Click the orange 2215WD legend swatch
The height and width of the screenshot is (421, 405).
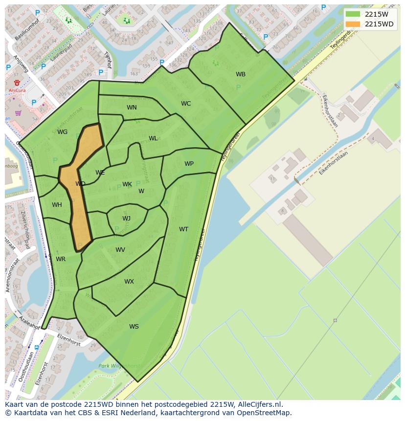coord(352,24)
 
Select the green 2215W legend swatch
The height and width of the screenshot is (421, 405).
coord(352,14)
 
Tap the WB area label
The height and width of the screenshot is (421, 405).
coord(241,74)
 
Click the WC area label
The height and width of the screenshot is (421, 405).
coord(186,104)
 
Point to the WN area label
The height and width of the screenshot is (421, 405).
coord(132,108)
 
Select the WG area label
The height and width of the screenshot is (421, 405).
coord(62,132)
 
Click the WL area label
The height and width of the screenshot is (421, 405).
coord(153,138)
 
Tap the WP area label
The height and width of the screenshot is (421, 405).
coord(189,164)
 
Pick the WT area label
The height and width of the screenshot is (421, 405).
coord(183,229)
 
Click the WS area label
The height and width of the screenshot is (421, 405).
coord(134,327)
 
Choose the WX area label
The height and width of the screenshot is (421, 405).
coord(129,282)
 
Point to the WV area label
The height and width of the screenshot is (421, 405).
coord(120,250)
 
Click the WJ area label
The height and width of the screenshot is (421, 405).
coord(126,219)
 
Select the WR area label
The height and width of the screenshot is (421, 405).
coord(61,259)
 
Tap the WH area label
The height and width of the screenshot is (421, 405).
coord(57,205)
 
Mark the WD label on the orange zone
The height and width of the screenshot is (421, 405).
coord(80,184)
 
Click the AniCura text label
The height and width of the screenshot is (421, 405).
coord(17,90)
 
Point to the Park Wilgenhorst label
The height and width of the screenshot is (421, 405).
coord(119,366)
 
